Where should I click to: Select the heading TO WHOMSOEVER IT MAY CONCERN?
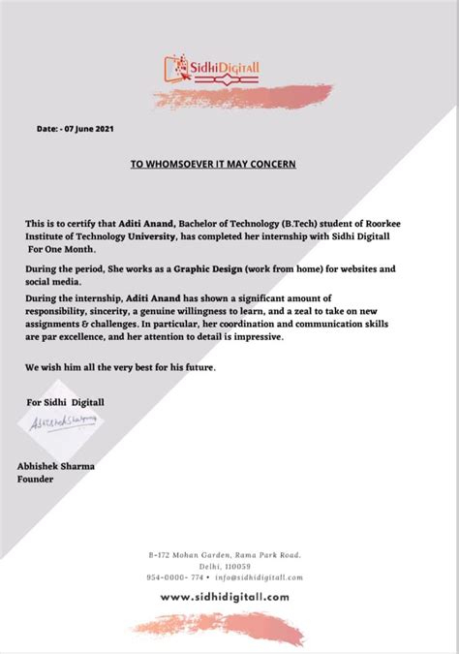(x=213, y=165)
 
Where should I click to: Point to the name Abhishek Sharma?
(x=55, y=466)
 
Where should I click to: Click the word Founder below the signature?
(x=36, y=478)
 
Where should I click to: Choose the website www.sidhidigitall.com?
(x=225, y=597)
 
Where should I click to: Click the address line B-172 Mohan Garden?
(x=226, y=555)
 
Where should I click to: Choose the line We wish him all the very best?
(x=121, y=368)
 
